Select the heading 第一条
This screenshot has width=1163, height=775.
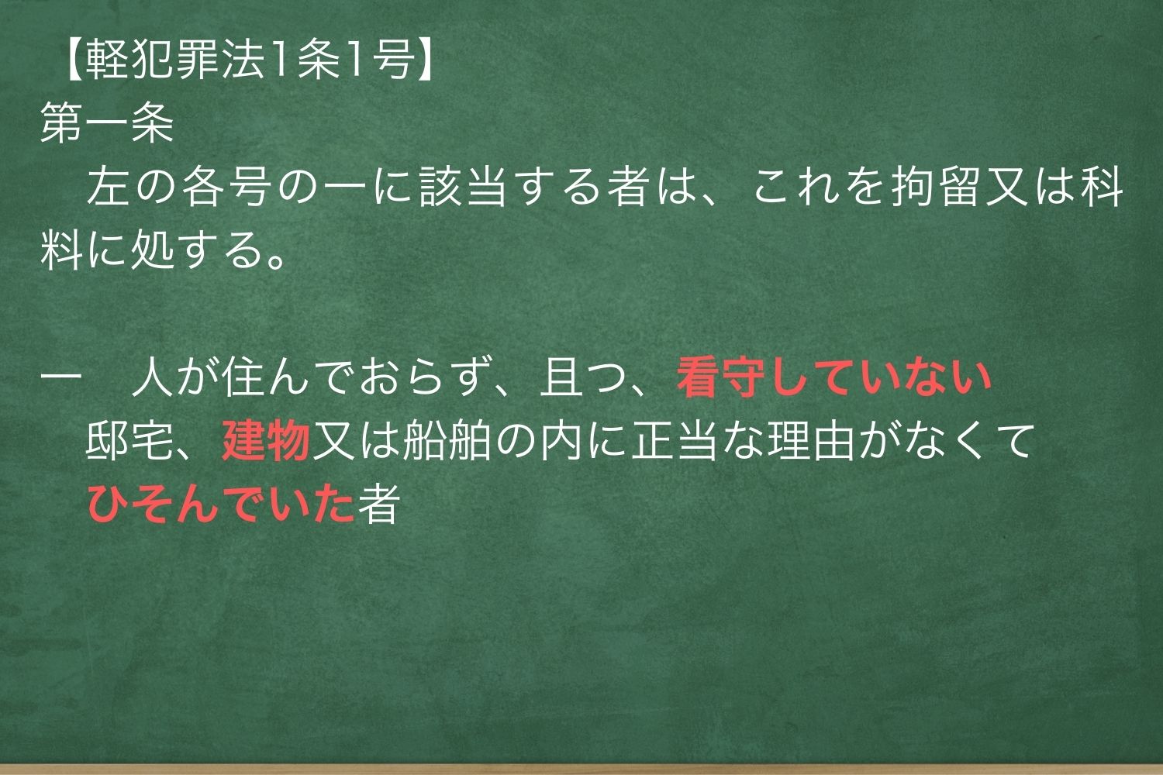107,125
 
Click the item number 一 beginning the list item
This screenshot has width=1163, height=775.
62,379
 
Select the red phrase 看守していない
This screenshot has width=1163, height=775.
834,379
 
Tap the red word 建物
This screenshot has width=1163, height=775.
266,443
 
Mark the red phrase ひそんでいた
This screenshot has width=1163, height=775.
221,505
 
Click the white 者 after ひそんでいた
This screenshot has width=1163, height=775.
378,505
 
